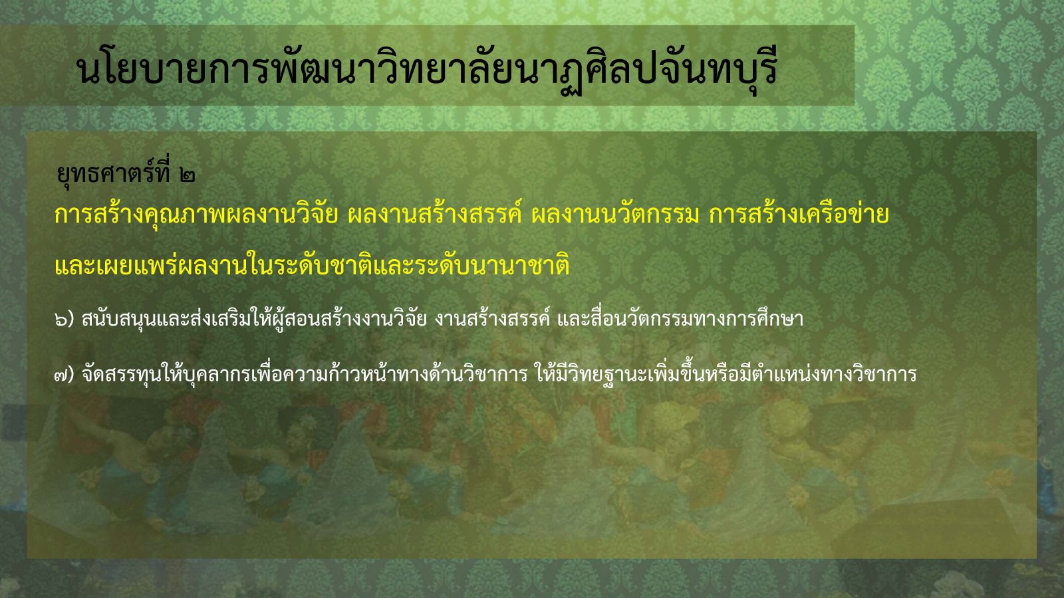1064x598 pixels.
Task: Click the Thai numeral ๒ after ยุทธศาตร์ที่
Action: click(x=188, y=175)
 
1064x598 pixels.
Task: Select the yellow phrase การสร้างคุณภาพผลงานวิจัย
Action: click(x=196, y=216)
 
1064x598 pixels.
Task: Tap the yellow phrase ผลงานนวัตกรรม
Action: click(x=615, y=216)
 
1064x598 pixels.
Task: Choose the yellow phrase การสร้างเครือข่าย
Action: click(x=799, y=216)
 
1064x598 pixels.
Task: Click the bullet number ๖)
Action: click(x=65, y=320)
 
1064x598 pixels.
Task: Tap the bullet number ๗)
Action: click(x=65, y=375)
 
